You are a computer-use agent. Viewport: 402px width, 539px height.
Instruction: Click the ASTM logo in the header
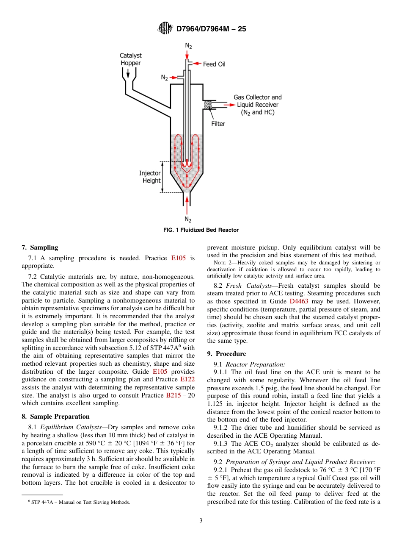tap(165, 28)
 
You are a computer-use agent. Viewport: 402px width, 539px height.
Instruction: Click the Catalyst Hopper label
tap(130, 59)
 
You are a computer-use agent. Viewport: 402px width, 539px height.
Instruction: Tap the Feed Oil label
tap(214, 64)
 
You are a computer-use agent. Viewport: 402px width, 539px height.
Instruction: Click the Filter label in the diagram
tap(218, 124)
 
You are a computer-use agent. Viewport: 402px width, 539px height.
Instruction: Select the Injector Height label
tap(150, 177)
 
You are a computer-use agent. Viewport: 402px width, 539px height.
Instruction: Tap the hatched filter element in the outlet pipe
tap(208, 104)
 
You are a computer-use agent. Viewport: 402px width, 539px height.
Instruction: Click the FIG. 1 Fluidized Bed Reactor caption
tap(201, 230)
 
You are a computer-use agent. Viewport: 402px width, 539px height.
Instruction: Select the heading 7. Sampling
tap(40, 247)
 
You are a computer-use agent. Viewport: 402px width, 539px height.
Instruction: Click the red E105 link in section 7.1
tap(178, 258)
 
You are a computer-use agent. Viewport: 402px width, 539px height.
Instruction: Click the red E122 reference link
tap(187, 379)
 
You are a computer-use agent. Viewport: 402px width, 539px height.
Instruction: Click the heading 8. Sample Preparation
tap(55, 417)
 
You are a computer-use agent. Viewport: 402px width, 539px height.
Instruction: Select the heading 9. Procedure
tap(226, 354)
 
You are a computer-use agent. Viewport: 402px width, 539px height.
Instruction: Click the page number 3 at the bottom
tap(201, 521)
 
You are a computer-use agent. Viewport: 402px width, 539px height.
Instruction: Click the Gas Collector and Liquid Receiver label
tap(257, 105)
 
